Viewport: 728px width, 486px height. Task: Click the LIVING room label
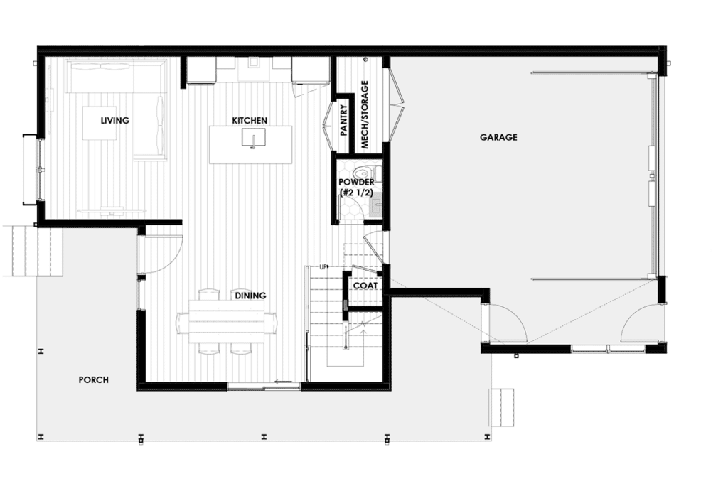tap(114, 120)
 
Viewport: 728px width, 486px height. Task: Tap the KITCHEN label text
tap(250, 120)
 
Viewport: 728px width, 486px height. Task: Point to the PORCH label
tap(93, 380)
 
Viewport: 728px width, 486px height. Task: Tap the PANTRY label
tap(343, 121)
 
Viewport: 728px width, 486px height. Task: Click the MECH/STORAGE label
tap(365, 114)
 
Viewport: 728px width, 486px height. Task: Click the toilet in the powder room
tap(364, 172)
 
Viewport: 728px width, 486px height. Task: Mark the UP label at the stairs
tap(323, 267)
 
